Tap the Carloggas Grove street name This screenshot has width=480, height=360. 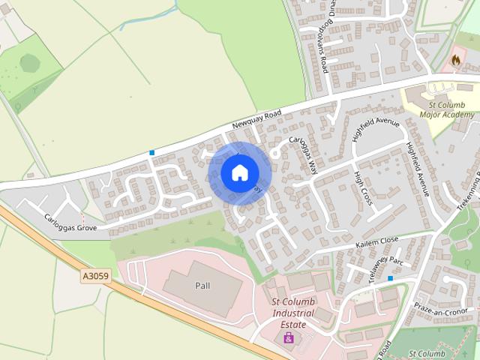70,220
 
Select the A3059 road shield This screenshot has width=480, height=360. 95,277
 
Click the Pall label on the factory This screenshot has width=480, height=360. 202,286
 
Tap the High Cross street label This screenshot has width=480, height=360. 363,187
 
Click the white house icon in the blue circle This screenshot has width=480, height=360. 239,172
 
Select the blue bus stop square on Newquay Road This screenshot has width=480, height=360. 152,153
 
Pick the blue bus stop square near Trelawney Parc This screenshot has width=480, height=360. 390,278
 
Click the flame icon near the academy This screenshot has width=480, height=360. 456,58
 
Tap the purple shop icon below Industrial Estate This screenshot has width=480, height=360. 288,337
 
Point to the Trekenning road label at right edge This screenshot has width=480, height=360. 471,191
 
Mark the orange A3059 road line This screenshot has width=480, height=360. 150,285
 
